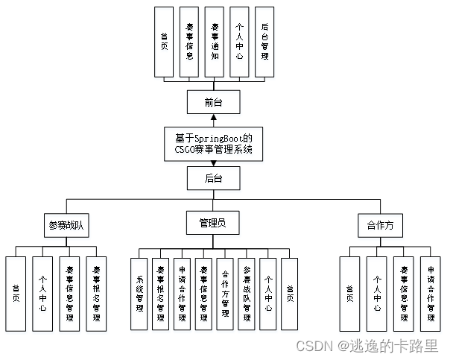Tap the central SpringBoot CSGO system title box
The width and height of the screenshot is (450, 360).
tap(214, 144)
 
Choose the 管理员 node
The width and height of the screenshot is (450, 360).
tap(214, 222)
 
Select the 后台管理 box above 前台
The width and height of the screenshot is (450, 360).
tap(264, 41)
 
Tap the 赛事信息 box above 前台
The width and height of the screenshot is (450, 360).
tap(189, 41)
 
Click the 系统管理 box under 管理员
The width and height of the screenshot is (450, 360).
tap(139, 294)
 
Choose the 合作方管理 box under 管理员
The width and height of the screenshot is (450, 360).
tap(225, 294)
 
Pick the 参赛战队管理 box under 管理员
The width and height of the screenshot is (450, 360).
tap(247, 294)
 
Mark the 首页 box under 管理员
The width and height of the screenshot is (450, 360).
tap(290, 294)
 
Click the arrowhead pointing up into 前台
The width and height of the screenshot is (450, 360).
tap(214, 118)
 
